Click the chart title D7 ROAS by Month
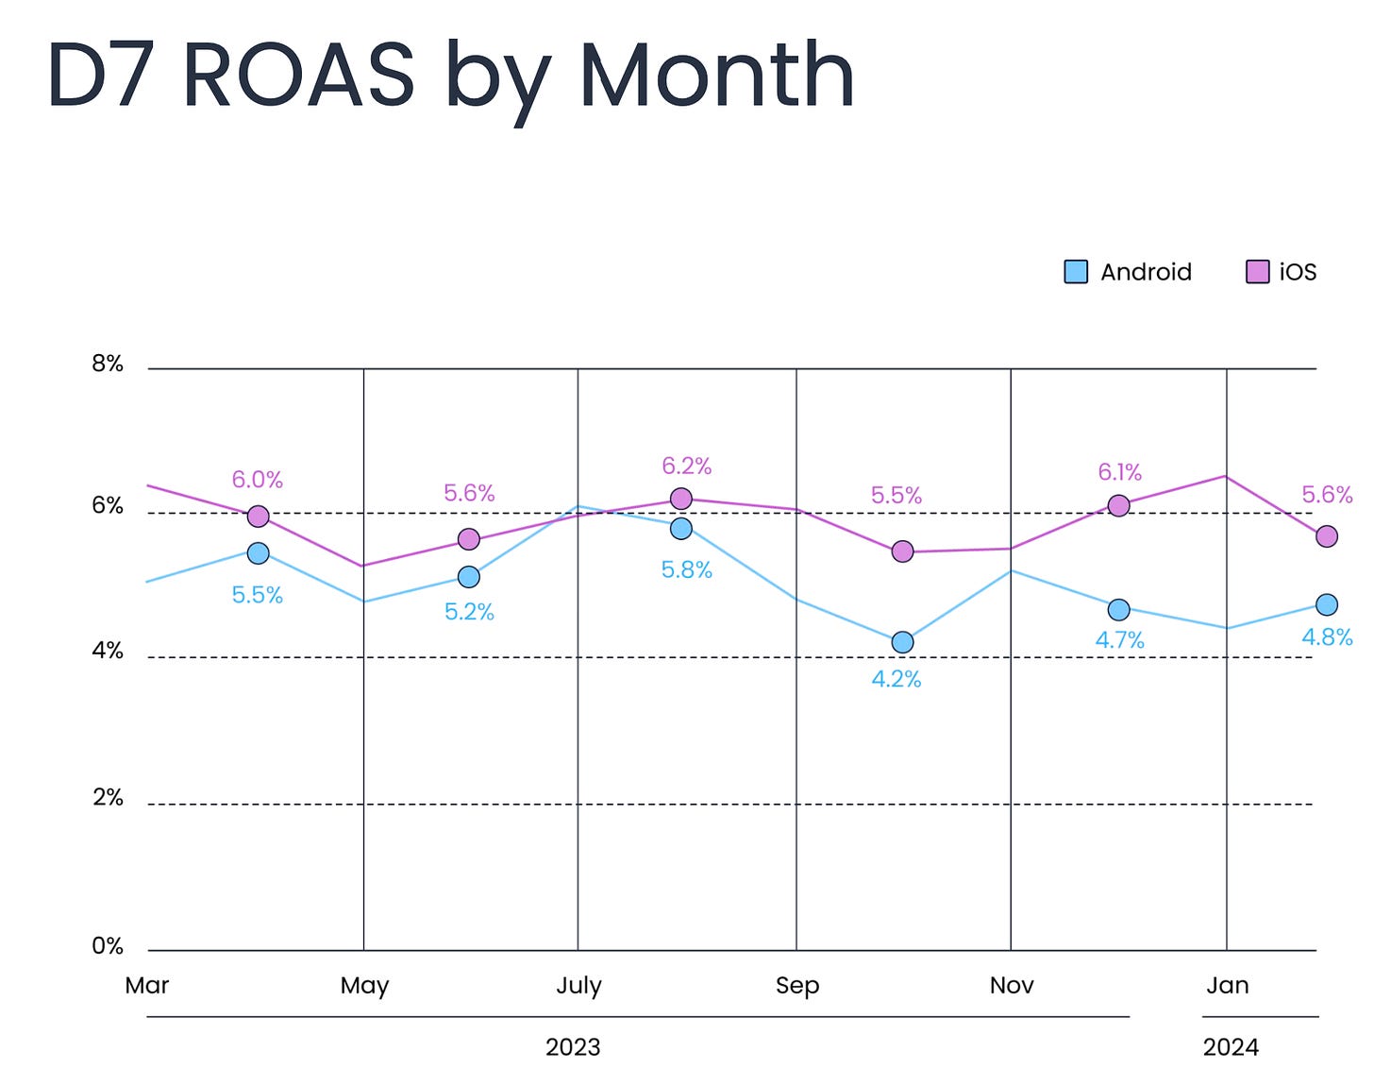[450, 76]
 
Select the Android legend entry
[1128, 272]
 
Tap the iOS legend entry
[1282, 272]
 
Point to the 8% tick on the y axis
[108, 364]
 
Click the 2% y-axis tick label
[108, 798]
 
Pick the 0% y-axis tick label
[108, 946]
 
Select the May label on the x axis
[364, 986]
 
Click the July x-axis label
[578, 986]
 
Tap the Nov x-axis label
[1012, 986]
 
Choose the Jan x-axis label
[1227, 986]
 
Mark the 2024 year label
[1231, 1047]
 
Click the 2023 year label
[573, 1047]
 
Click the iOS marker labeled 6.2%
[680, 499]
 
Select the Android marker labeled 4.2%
[902, 642]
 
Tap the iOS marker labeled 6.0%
[258, 517]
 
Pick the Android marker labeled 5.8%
[680, 529]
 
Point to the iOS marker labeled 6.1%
[1118, 506]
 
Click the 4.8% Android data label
[1327, 637]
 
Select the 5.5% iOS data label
[896, 496]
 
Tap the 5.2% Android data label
[469, 612]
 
